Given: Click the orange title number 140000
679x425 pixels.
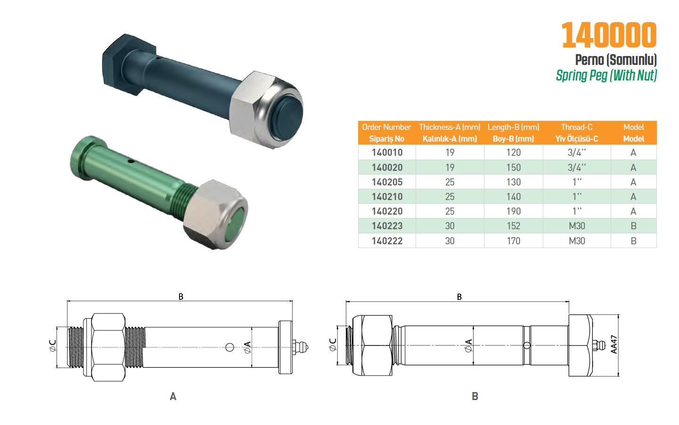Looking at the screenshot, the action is pyautogui.click(x=609, y=35).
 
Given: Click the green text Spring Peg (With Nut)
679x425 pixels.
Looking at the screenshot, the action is pyautogui.click(x=606, y=75).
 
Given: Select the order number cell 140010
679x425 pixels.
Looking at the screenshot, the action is pyautogui.click(x=387, y=152).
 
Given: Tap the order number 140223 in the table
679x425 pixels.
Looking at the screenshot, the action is pyautogui.click(x=387, y=226).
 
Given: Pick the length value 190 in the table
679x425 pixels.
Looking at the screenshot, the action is pyautogui.click(x=513, y=211).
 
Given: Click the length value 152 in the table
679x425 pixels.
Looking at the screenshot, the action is pyautogui.click(x=513, y=226).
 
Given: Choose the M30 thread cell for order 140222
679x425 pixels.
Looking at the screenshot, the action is pyautogui.click(x=577, y=241).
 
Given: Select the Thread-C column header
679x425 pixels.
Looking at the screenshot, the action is pyautogui.click(x=577, y=133).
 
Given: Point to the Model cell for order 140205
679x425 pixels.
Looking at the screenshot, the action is pyautogui.click(x=633, y=182).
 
